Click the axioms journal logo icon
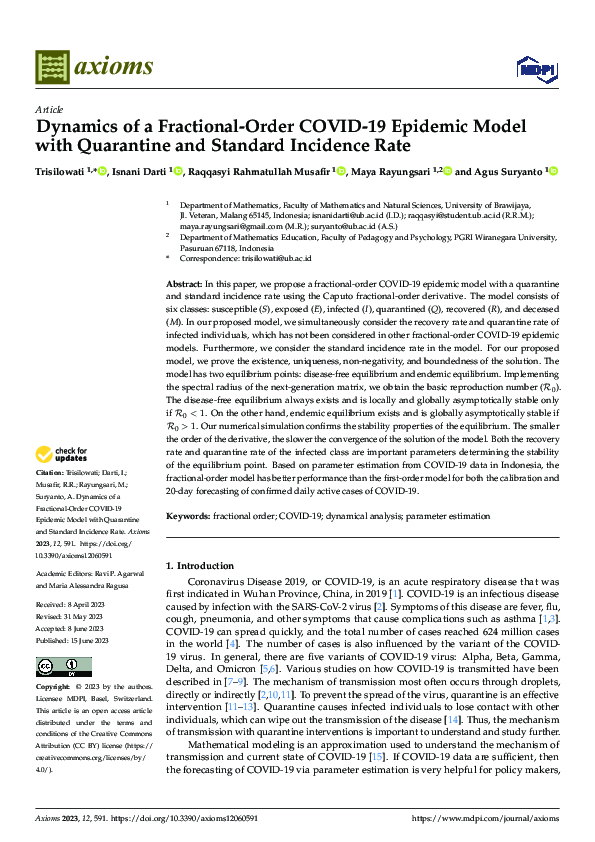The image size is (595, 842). tap(51, 68)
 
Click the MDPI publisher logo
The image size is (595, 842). tap(531, 68)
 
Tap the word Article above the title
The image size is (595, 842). tap(48, 109)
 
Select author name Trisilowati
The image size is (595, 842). tap(66, 172)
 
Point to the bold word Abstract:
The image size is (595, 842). tap(183, 286)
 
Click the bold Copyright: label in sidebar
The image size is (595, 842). tap(55, 660)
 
